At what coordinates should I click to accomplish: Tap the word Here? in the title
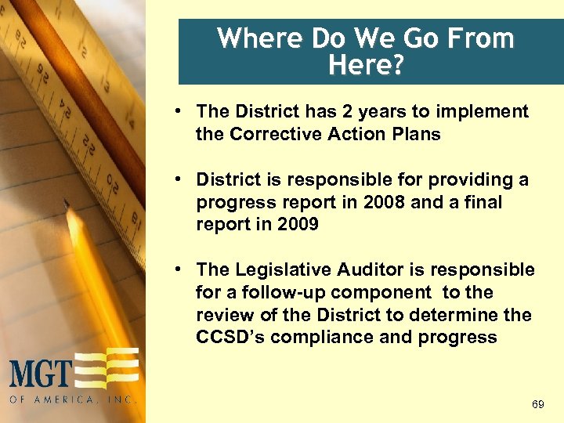(366, 65)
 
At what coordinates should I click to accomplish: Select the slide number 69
(537, 404)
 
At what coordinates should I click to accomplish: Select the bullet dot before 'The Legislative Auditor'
(179, 269)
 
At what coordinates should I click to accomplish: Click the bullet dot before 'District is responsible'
(179, 179)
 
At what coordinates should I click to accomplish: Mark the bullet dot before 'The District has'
(179, 111)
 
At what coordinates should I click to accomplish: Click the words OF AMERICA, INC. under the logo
(73, 399)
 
